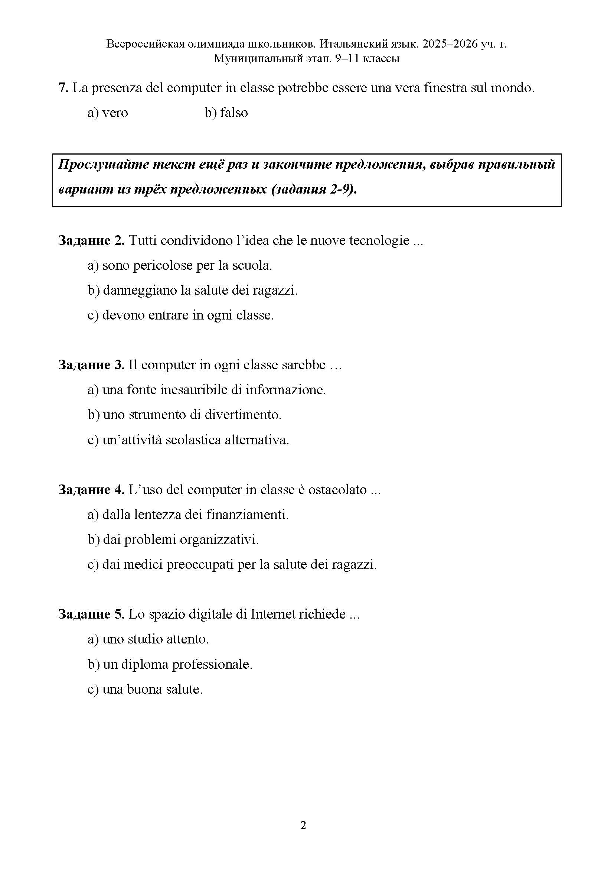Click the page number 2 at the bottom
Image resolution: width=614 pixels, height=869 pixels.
303,826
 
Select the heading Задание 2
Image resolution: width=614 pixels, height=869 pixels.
91,240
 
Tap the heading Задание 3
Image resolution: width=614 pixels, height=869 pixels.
91,365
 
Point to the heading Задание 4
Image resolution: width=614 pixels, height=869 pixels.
91,490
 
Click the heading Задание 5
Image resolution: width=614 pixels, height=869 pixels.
91,614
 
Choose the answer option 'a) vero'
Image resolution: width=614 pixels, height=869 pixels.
108,113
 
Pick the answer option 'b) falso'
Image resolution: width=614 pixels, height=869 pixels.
226,113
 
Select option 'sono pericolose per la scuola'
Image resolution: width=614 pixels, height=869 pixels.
180,265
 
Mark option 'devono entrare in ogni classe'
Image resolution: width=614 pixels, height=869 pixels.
181,315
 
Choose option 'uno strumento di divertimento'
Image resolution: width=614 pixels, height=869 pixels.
184,415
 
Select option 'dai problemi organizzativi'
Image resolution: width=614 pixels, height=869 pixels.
173,540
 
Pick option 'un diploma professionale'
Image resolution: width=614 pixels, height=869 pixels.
170,664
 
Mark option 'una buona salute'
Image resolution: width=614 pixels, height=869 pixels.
145,689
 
